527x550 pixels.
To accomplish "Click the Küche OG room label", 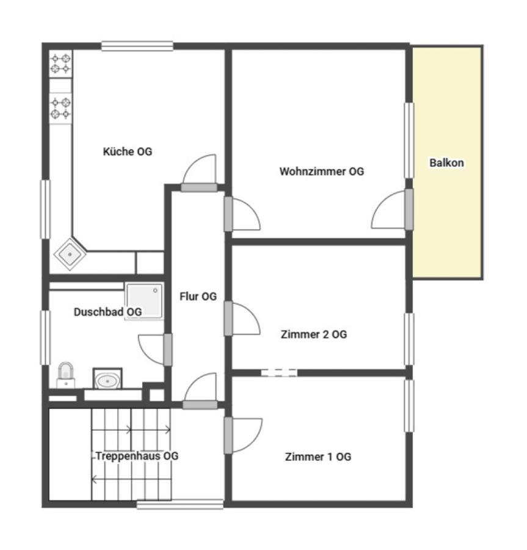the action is [128, 152].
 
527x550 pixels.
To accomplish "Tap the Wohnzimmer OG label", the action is [322, 171].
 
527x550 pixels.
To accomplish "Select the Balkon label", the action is [447, 163].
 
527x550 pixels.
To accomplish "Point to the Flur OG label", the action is [198, 296].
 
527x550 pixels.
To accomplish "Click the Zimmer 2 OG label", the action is [314, 334].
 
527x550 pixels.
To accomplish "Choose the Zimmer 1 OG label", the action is [318, 457].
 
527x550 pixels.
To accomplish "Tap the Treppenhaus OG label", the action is [137, 456].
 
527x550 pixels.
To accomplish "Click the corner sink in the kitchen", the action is [70, 254].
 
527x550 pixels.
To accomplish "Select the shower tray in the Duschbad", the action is [144, 301].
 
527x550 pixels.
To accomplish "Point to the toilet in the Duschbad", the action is [66, 375].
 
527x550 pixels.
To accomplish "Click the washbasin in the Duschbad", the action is [107, 379].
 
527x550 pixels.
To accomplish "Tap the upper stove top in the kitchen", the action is [60, 64].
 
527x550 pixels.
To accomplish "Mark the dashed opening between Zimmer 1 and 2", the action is [279, 373].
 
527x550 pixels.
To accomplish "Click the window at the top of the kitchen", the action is [137, 46].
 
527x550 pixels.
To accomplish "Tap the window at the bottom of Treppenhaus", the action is [180, 504].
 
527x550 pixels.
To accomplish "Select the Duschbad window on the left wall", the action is [45, 338].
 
